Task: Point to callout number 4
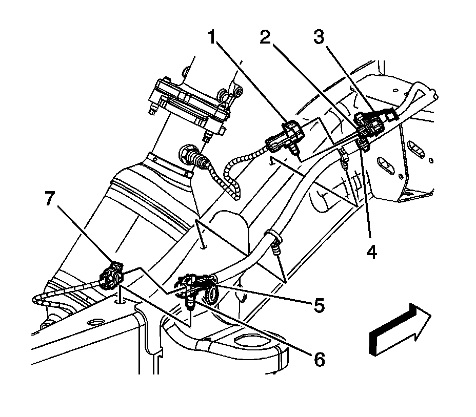click(370, 252)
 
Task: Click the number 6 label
click(320, 359)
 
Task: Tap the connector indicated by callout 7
click(113, 276)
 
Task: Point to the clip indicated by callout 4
click(363, 144)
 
